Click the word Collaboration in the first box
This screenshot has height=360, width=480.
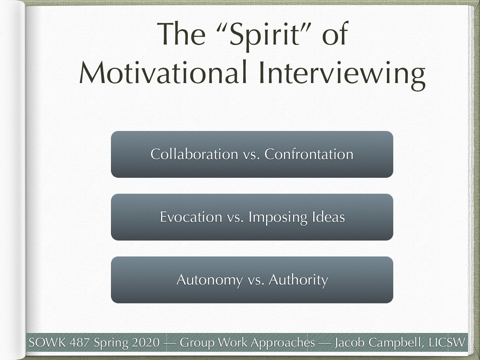coord(194,154)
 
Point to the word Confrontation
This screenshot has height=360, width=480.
coord(309,154)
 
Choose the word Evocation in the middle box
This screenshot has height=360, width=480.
coord(191,217)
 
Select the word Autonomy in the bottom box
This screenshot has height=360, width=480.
coord(209,280)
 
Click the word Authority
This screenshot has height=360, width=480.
coord(298,280)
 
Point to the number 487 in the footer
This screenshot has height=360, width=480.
coord(80,342)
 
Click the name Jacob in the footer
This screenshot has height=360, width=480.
coord(349,342)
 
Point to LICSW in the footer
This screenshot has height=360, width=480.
coord(447,342)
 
